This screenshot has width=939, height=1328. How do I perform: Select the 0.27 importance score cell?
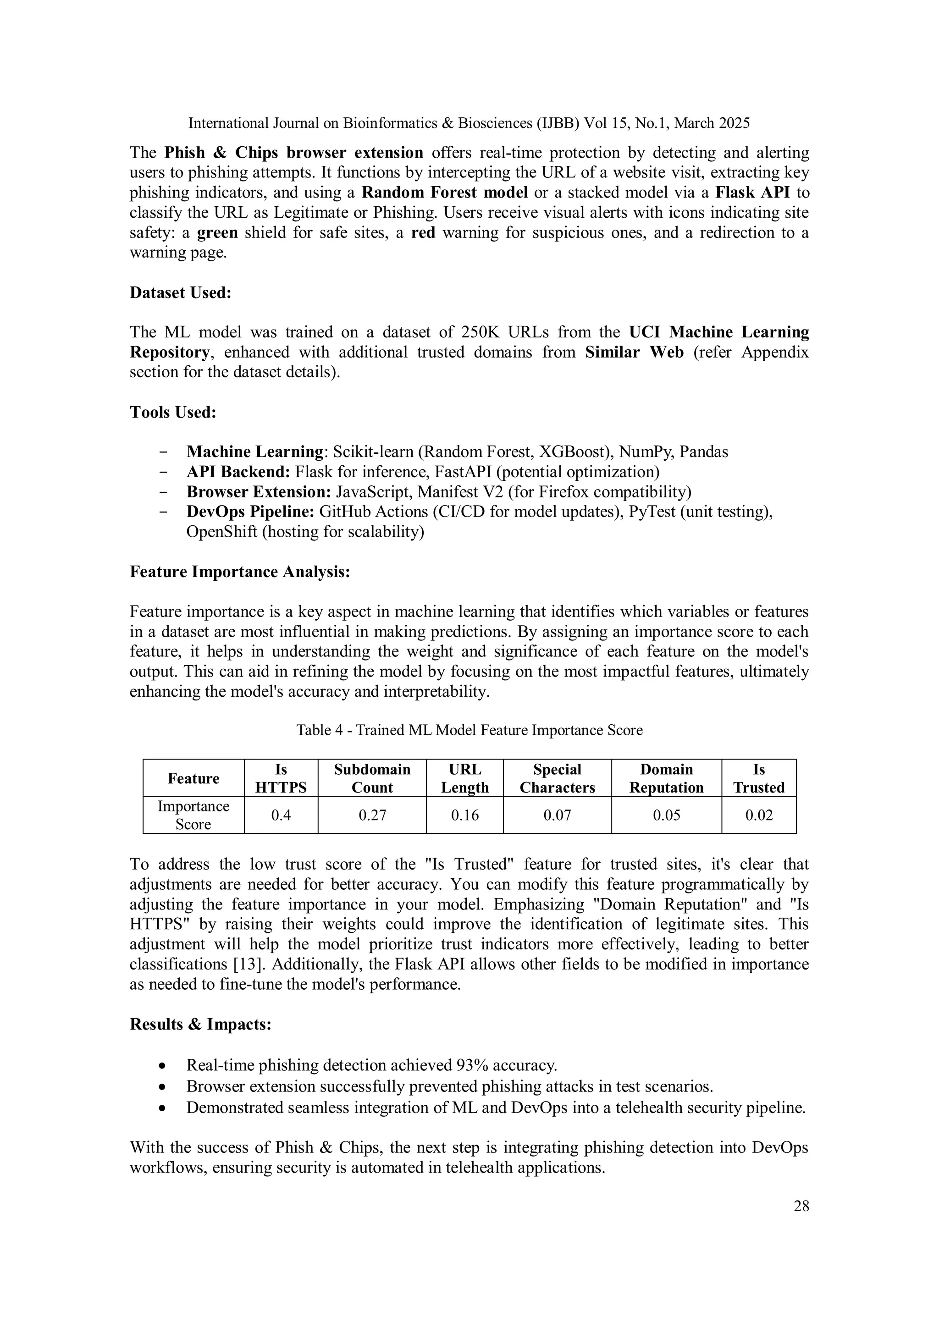(x=372, y=815)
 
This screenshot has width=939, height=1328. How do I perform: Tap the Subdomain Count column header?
(x=372, y=778)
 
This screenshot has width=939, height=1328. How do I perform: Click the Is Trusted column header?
(x=758, y=778)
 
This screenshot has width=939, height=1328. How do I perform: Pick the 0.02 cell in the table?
(x=758, y=815)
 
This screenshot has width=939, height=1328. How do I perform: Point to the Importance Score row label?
(x=193, y=815)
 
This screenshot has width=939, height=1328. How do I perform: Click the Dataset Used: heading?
(x=180, y=292)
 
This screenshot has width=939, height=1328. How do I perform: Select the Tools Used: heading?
(x=173, y=413)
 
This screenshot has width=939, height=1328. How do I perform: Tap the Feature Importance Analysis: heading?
(x=239, y=572)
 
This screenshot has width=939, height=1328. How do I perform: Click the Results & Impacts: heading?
(x=200, y=1025)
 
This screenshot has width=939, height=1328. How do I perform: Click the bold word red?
(x=423, y=232)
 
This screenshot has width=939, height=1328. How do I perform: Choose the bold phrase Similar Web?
(x=634, y=352)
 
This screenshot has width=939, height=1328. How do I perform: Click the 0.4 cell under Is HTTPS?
(x=281, y=815)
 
